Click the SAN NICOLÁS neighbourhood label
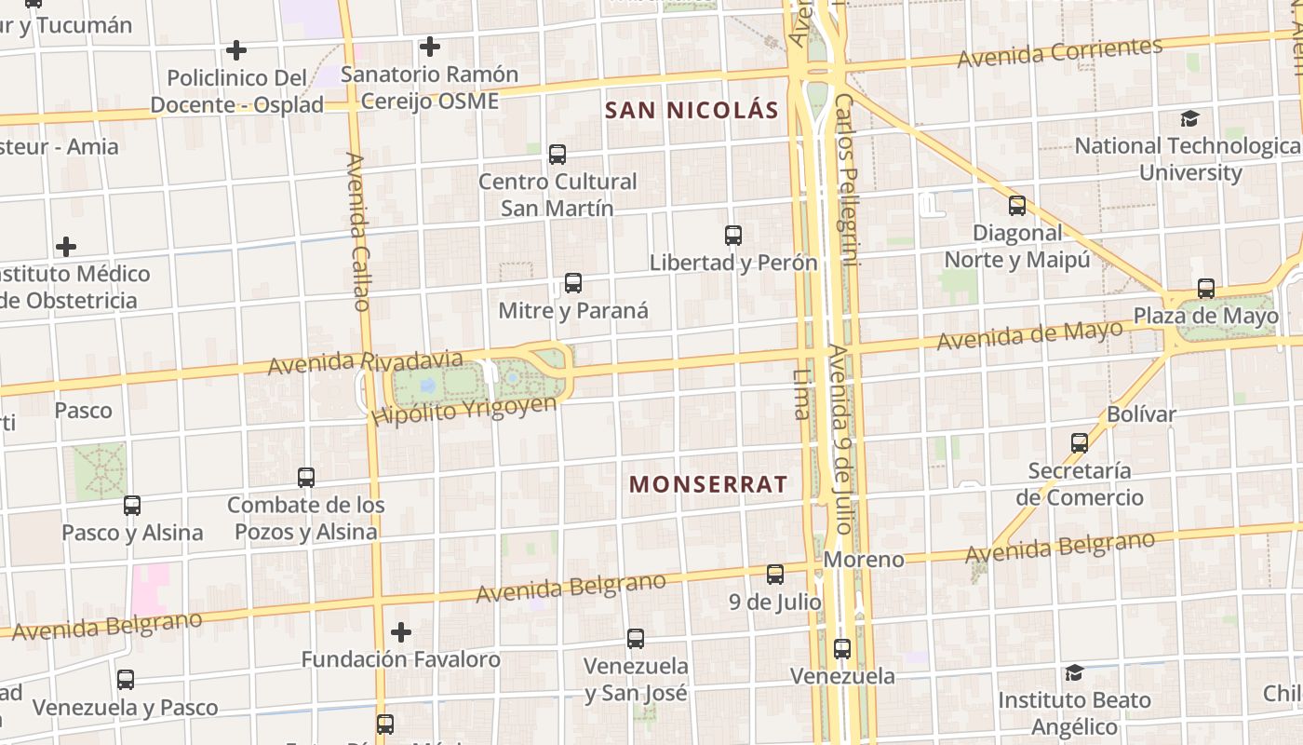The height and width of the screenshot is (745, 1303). click(x=692, y=110)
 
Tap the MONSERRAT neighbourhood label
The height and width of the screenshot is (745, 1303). click(x=708, y=484)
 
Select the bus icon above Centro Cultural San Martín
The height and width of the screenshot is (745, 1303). click(x=557, y=154)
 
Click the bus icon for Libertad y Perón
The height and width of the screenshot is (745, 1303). click(x=733, y=235)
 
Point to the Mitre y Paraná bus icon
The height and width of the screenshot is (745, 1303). click(x=573, y=282)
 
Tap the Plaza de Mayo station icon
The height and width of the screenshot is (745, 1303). click(x=1206, y=288)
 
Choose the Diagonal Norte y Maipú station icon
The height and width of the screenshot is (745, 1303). click(x=1017, y=205)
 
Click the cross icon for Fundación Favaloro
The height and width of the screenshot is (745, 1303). click(x=401, y=632)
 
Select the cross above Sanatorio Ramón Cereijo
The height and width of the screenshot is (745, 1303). click(x=429, y=46)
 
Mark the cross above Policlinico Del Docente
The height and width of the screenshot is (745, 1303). click(x=236, y=49)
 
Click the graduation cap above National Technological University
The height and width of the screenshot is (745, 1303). click(x=1189, y=118)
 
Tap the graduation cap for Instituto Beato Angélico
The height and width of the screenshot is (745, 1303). click(x=1074, y=672)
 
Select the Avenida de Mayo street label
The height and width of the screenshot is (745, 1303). click(x=1029, y=335)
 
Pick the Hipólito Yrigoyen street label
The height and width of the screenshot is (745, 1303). click(x=463, y=410)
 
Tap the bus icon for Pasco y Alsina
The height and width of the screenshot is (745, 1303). click(x=132, y=505)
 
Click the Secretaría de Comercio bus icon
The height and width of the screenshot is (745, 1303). click(x=1080, y=442)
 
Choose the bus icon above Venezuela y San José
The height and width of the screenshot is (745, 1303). click(x=636, y=638)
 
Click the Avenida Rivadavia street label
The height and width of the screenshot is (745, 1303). click(x=365, y=362)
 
